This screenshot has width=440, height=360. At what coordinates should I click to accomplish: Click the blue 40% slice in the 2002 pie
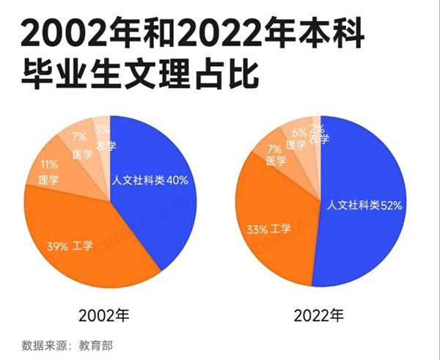(158, 213)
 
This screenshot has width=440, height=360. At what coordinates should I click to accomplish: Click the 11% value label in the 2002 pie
(49, 165)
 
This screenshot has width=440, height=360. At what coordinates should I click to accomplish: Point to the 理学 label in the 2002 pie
(48, 179)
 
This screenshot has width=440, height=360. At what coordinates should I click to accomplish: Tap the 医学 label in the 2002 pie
(81, 154)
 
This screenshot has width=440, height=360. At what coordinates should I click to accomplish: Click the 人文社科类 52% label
(364, 205)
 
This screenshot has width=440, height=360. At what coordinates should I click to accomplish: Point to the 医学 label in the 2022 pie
(276, 161)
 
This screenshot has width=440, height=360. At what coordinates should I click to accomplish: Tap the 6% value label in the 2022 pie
(298, 133)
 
